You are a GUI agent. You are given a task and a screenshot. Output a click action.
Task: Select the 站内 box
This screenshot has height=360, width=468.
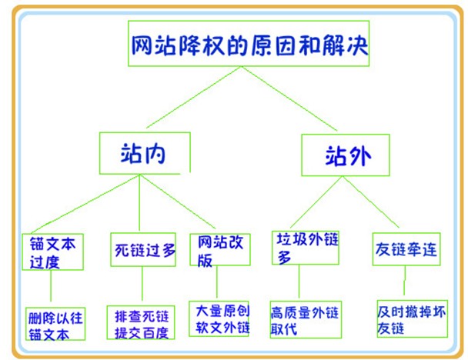pyautogui.click(x=144, y=153)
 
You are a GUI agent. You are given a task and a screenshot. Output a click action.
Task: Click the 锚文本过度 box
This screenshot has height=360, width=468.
pyautogui.click(x=52, y=251)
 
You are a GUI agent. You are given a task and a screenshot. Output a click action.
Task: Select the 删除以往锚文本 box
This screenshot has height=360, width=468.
pyautogui.click(x=54, y=323)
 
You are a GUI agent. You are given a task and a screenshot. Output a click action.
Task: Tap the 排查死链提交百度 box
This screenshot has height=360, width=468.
pyautogui.click(x=141, y=322)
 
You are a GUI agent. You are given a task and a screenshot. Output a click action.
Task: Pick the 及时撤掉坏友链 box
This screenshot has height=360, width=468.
pyautogui.click(x=412, y=318)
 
